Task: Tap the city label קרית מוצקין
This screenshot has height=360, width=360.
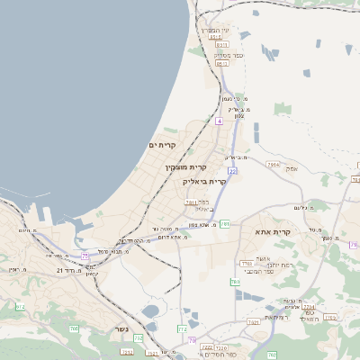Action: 185,166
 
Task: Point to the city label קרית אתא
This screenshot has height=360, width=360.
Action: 292,232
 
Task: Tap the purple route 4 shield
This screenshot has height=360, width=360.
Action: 219,119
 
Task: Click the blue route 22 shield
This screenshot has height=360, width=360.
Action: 232,170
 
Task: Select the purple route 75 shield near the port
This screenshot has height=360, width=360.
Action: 85,256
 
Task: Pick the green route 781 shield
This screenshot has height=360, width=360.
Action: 225,222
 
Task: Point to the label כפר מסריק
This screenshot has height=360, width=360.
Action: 224,55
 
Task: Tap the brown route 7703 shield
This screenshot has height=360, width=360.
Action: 247,263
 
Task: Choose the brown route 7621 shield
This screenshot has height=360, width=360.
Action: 254,321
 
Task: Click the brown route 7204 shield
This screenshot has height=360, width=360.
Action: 308,307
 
